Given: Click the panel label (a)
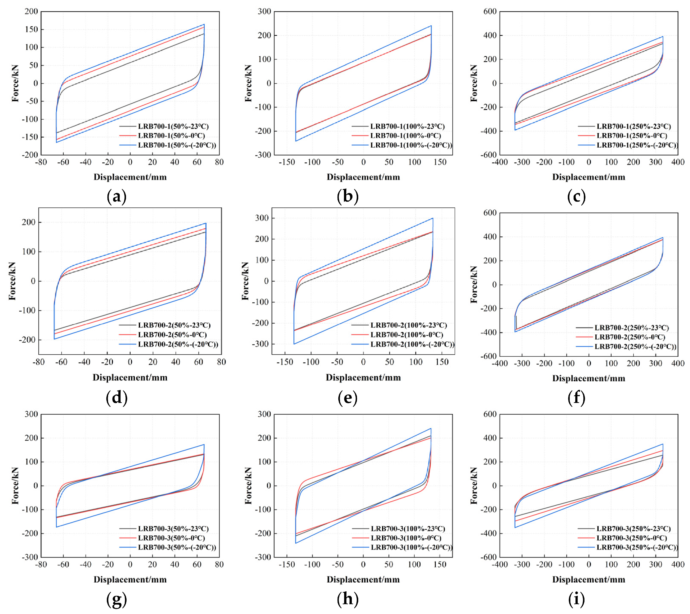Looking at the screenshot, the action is (116, 197).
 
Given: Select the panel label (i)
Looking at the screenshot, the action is (576, 599).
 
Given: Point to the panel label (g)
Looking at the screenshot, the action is (116, 599).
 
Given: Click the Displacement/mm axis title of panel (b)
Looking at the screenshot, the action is (363, 177).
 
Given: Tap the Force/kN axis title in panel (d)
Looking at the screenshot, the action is (12, 281).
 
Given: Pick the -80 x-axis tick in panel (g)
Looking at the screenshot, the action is (41, 564).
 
